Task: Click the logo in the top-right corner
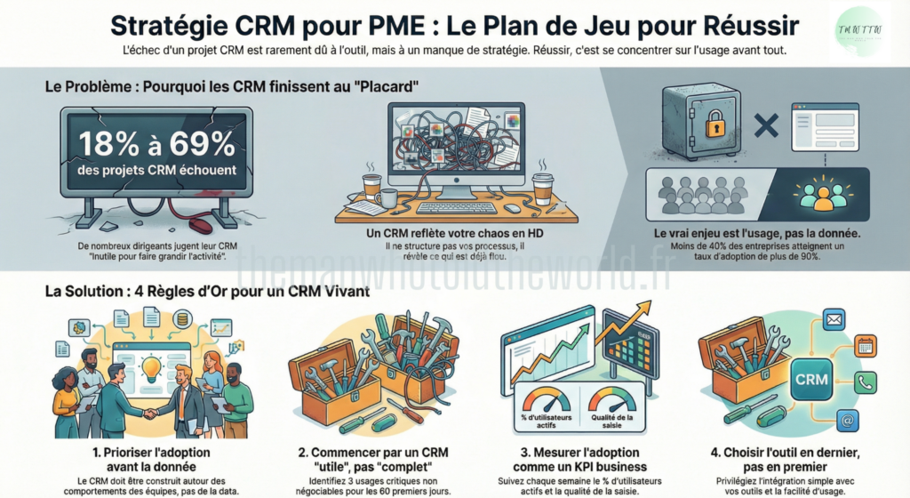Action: (x=859, y=31)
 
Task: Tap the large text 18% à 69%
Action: (x=156, y=143)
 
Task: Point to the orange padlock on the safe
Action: (x=715, y=125)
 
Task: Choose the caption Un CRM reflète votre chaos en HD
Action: (x=456, y=232)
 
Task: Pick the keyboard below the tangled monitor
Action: (x=457, y=208)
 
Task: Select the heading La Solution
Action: (x=87, y=292)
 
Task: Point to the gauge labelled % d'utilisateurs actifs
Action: (x=545, y=402)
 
